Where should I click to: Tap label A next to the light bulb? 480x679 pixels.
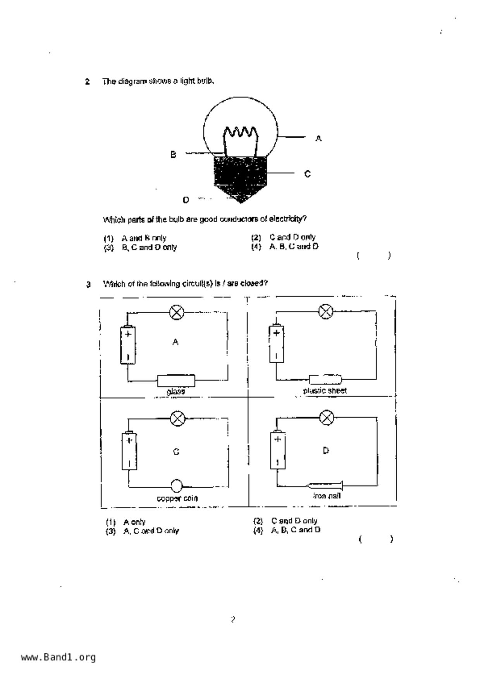[318, 138]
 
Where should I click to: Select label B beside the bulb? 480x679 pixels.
[173, 154]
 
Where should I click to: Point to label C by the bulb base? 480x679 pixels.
[307, 174]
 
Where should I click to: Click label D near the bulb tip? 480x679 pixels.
[186, 200]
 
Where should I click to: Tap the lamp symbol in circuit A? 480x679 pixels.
[177, 312]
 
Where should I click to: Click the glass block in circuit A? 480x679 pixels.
[176, 381]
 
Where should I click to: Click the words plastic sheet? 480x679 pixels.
[325, 391]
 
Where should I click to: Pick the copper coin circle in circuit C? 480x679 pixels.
[176, 485]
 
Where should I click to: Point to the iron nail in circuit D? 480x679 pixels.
[325, 485]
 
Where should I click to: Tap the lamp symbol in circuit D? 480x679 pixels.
[327, 418]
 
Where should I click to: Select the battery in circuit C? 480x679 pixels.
[129, 451]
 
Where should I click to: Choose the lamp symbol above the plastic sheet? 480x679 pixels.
[325, 311]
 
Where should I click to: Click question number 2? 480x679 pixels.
[88, 82]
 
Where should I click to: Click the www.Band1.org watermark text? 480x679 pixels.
[58, 657]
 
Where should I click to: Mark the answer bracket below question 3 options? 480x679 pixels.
[375, 539]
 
